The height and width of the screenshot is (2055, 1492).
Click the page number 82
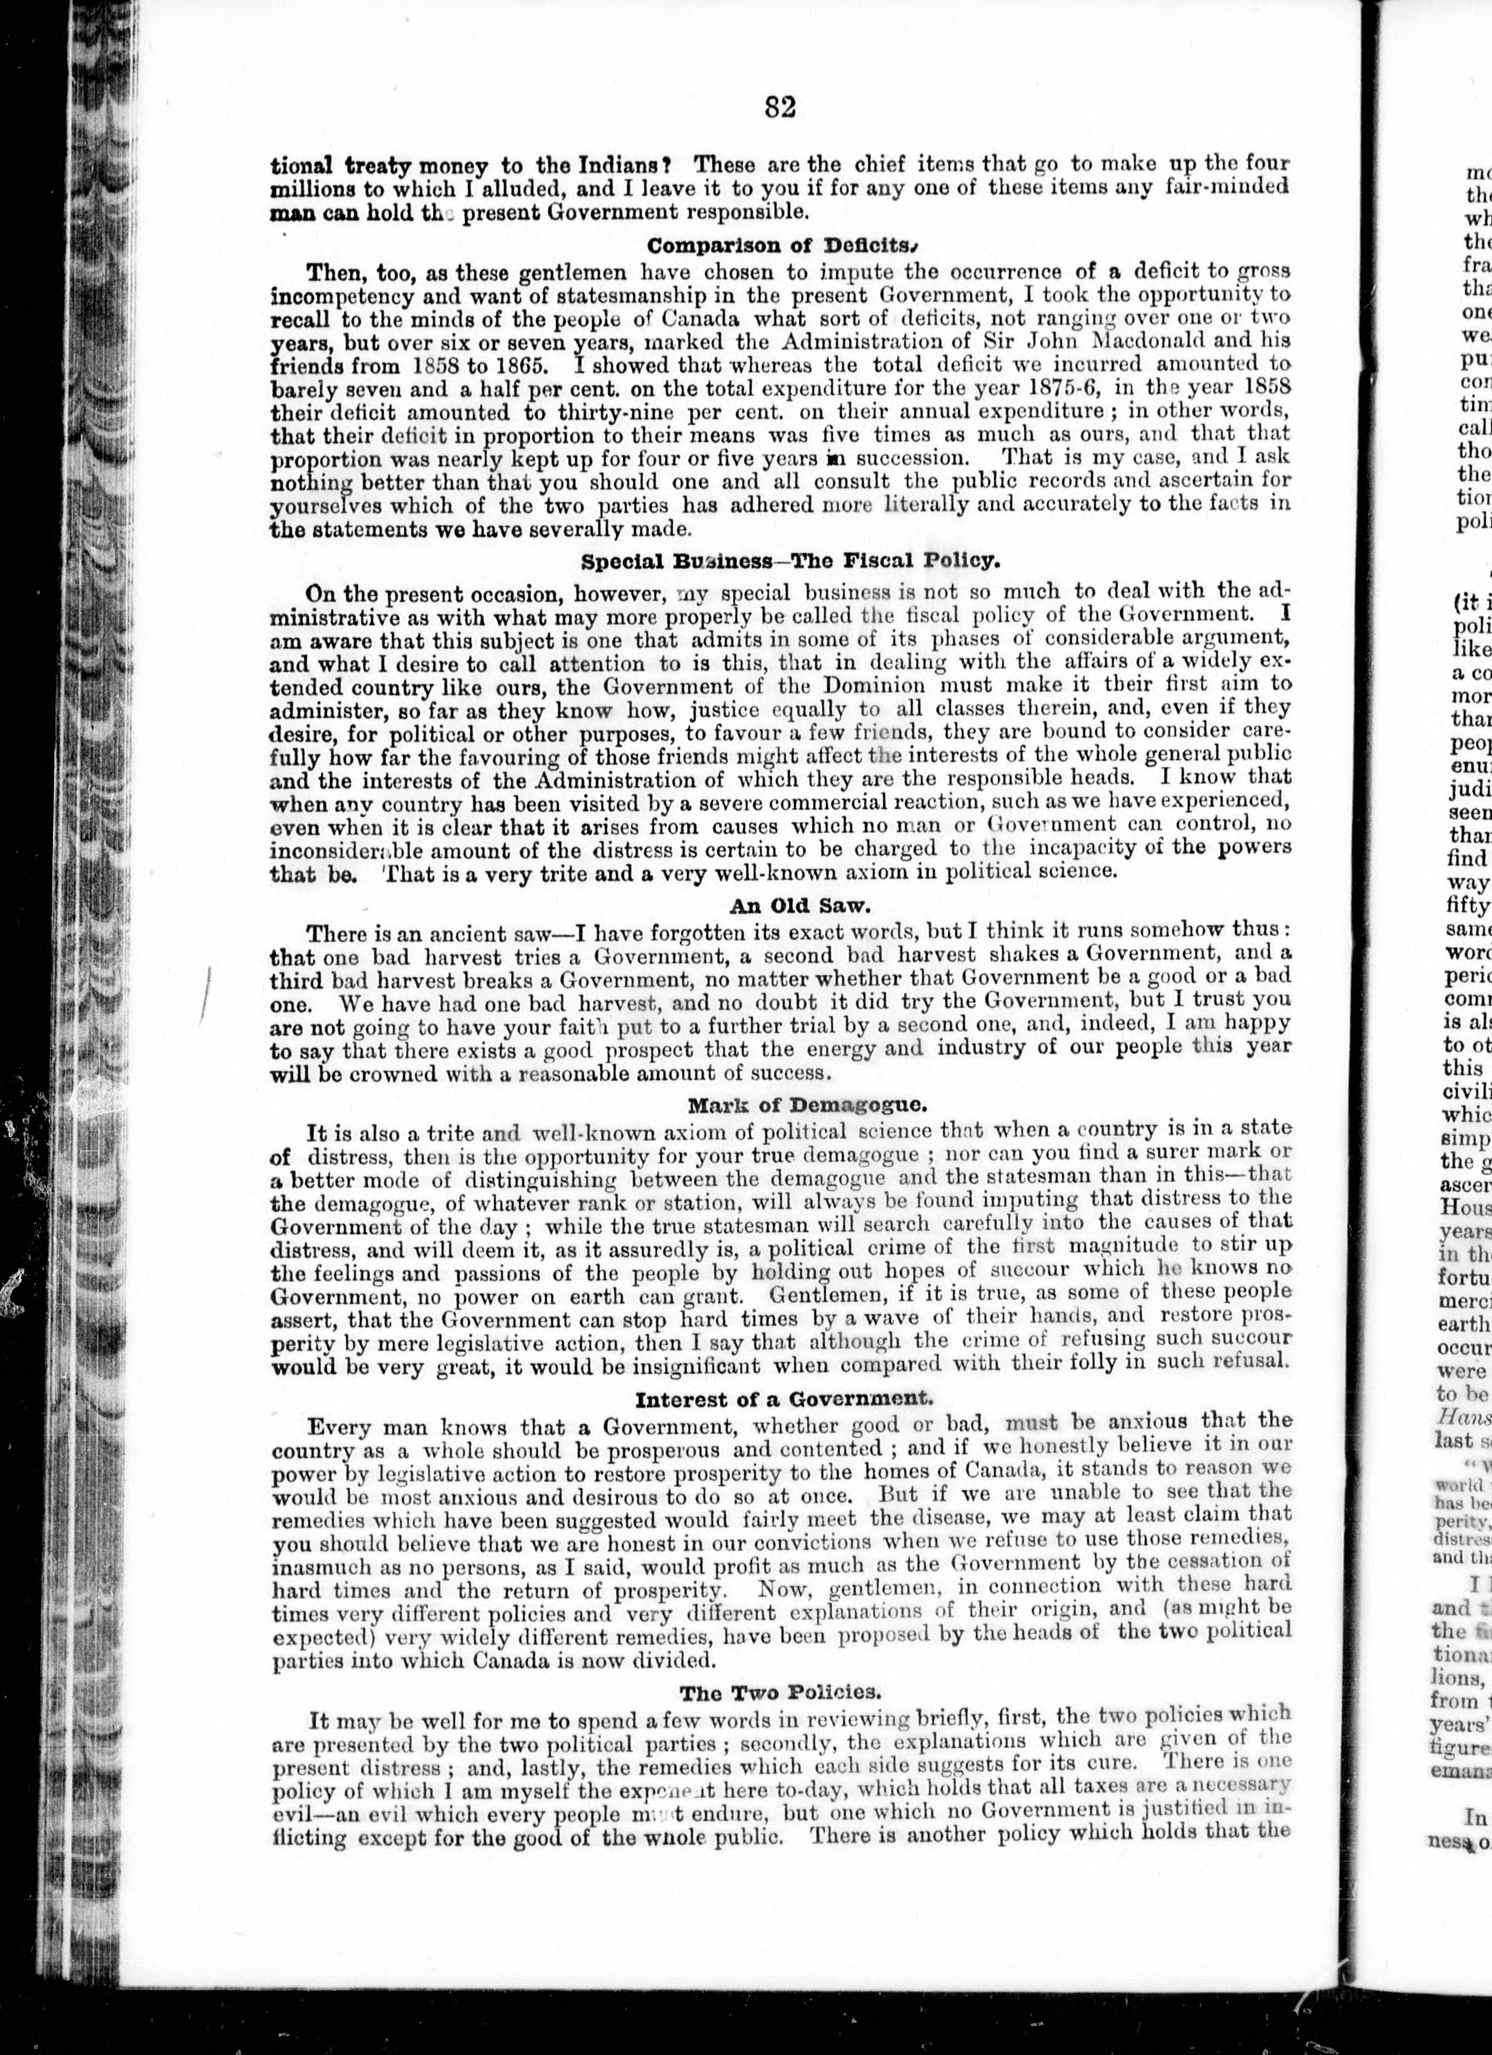click(x=779, y=107)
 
